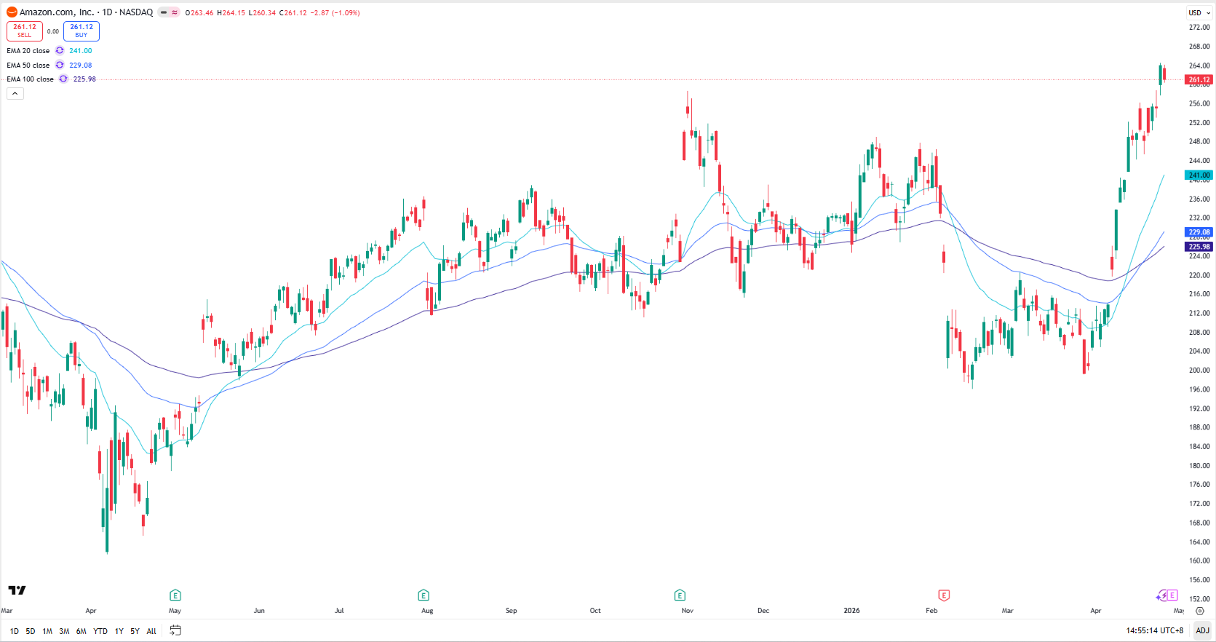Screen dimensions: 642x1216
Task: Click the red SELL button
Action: click(25, 31)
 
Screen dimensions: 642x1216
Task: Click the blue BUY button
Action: click(82, 31)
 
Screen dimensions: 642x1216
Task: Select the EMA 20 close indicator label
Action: click(28, 51)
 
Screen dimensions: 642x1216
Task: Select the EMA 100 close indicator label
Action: click(30, 79)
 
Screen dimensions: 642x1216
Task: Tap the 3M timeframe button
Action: click(64, 631)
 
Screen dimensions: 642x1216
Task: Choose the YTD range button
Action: click(100, 631)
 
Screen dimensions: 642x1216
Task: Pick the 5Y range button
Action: click(135, 631)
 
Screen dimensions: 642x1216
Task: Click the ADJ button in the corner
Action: click(1202, 630)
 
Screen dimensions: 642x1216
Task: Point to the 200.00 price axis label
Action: click(1199, 370)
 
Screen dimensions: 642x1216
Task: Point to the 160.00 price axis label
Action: click(1199, 561)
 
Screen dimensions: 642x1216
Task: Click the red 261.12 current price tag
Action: click(1199, 80)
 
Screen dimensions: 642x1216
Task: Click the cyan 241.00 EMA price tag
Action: click(1199, 175)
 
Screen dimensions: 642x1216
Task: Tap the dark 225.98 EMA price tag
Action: click(1199, 247)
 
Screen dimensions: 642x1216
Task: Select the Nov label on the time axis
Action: click(688, 611)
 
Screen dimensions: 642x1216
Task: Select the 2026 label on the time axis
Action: click(851, 611)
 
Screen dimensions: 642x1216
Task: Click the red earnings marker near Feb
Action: click(944, 595)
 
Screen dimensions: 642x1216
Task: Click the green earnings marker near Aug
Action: click(424, 595)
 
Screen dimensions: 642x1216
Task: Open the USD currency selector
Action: click(1199, 12)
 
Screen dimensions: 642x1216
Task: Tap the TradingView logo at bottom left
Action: click(17, 590)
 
